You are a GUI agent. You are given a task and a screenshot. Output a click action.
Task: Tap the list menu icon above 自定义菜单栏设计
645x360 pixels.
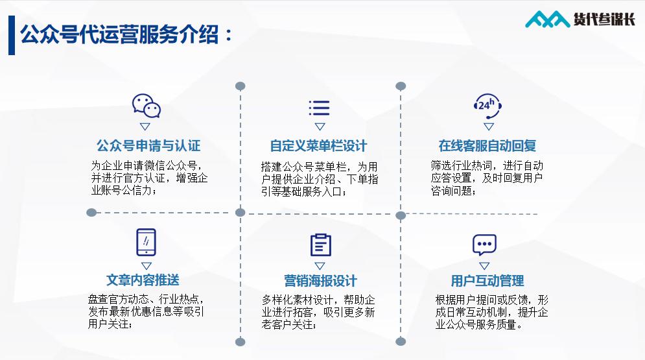pos(319,108)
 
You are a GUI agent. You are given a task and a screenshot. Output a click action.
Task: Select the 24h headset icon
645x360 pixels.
pos(488,104)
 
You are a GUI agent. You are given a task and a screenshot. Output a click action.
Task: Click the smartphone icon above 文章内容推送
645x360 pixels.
pos(146,242)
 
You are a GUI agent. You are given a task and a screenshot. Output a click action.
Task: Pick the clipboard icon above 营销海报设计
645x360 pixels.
pos(320,244)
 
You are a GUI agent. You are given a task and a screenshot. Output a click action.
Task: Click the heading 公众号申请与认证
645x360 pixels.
pos(148,145)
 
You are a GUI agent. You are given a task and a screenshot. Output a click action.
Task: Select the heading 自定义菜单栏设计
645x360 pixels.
pos(318,145)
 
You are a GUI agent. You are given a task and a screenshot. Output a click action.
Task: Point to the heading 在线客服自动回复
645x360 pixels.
pos(487,145)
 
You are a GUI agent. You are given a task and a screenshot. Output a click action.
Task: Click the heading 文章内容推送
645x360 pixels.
pos(143,280)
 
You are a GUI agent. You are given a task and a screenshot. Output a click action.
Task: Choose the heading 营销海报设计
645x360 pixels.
pos(320,281)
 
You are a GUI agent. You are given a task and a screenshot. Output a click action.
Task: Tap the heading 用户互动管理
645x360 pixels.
pos(487,281)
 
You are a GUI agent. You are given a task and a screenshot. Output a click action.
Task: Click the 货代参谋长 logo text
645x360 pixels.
pos(604,20)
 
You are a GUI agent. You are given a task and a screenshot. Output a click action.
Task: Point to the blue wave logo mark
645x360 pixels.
pos(547,21)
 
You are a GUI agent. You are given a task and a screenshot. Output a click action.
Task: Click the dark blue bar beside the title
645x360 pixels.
pos(12,35)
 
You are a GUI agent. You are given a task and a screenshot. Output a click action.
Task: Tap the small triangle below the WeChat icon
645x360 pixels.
pos(145,126)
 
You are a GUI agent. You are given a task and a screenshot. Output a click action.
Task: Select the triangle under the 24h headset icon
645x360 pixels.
pos(489,126)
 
